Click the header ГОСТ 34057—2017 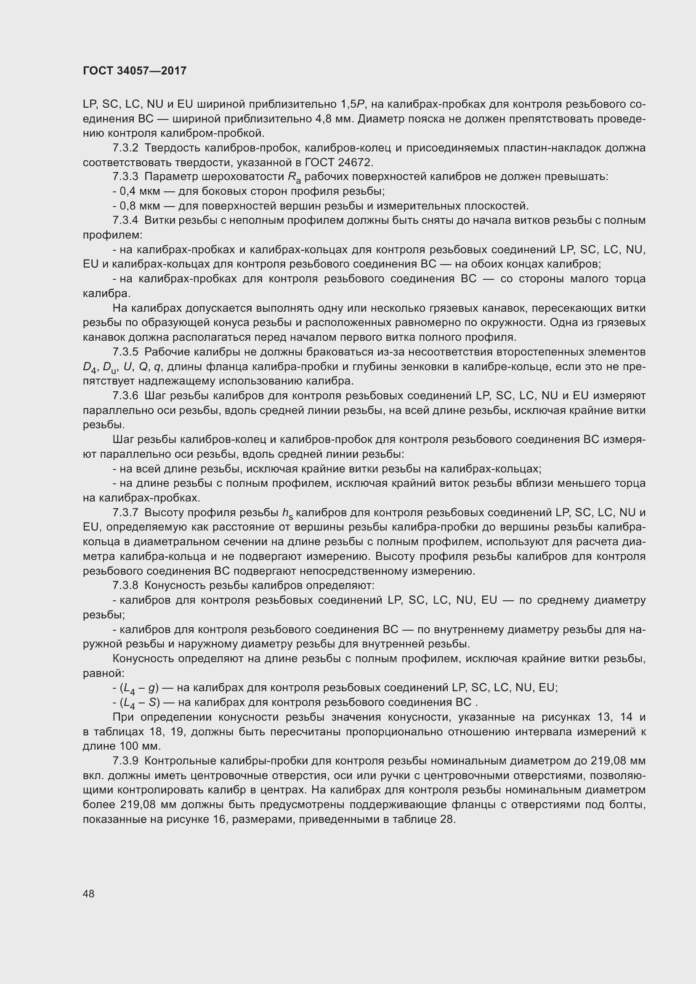point(135,71)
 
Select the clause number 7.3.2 point(125,148)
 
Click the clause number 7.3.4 point(125,221)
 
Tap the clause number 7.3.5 point(125,352)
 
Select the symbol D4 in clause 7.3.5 point(88,368)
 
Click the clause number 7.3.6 point(125,395)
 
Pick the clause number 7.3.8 point(125,586)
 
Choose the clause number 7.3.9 point(125,761)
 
